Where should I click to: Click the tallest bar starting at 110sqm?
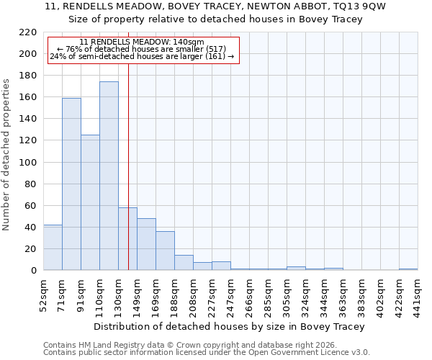109,176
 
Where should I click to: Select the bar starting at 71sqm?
71,184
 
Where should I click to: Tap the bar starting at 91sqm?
90,202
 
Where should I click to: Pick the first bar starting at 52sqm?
53,248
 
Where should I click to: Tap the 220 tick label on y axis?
29,32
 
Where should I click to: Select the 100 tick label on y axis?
29,163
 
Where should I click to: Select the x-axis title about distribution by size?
230,326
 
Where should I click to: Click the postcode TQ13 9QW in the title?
338,6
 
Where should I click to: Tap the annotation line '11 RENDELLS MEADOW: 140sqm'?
142,42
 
